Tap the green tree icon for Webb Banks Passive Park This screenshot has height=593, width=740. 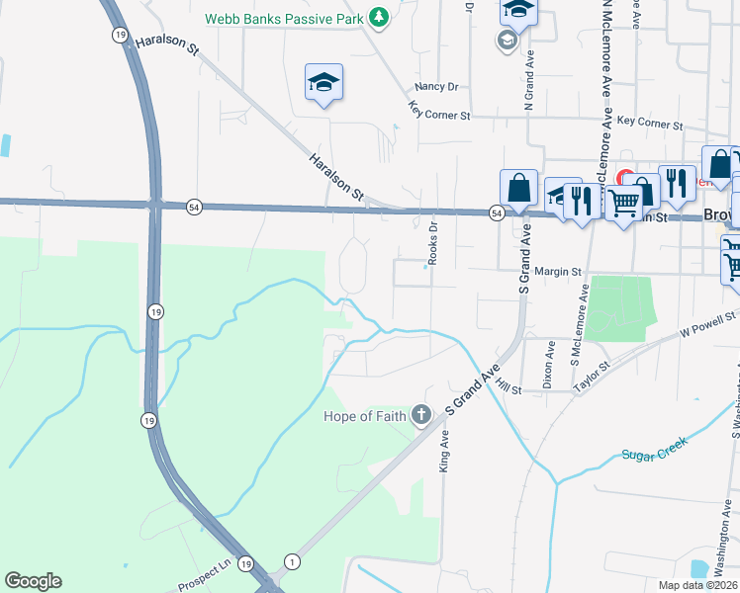[x=378, y=17]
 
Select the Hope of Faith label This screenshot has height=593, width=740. [x=365, y=416]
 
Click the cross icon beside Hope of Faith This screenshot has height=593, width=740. [x=422, y=415]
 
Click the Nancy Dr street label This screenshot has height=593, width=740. [x=436, y=87]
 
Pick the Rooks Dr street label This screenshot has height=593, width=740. [x=432, y=241]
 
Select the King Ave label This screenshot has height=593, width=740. [x=444, y=449]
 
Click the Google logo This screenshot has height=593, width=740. [x=33, y=580]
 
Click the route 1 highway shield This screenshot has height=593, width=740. [x=292, y=560]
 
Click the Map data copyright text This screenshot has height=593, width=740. [x=696, y=586]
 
